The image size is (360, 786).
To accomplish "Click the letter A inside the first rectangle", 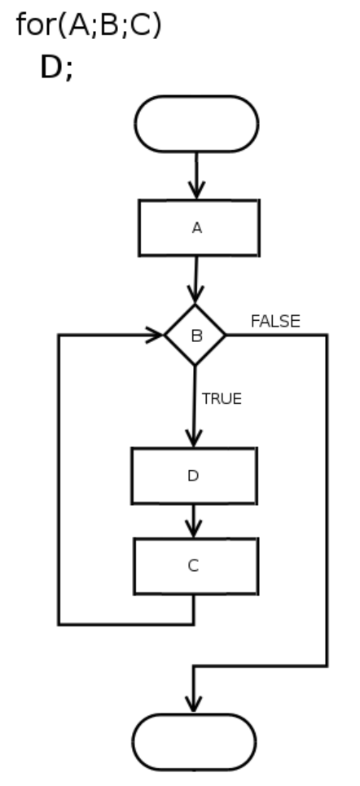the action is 197,228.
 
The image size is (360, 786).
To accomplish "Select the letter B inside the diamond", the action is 196,336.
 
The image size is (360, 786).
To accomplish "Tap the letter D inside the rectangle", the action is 193,476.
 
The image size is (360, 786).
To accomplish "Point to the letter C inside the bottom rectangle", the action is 194,565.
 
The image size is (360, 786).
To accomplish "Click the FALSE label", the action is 275,321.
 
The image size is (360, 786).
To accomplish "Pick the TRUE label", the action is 222,399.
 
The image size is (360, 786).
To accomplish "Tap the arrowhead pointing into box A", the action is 196,191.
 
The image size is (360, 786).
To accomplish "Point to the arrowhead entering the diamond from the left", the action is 155,334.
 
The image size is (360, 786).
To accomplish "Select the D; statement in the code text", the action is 56,67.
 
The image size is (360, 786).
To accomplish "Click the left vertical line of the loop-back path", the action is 59,479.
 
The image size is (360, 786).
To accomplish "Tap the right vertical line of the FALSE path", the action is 327,500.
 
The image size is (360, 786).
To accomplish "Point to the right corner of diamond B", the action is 225,334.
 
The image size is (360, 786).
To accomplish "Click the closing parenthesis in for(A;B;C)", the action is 156,25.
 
